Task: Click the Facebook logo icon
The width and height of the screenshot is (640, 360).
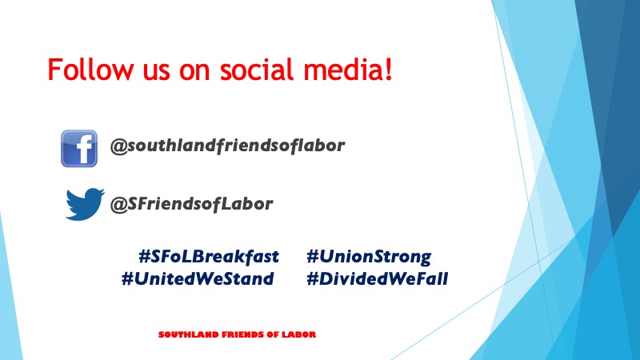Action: click(79, 149)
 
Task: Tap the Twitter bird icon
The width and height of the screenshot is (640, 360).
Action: click(85, 204)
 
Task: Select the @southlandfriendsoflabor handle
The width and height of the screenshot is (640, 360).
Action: click(228, 146)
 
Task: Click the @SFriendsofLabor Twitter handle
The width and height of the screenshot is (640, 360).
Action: click(191, 204)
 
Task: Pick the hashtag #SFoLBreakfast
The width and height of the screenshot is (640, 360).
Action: click(209, 257)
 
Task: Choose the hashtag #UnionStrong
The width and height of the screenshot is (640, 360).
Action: click(369, 257)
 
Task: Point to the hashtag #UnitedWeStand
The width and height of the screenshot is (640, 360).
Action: click(198, 278)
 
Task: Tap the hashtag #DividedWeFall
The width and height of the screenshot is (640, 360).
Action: click(377, 278)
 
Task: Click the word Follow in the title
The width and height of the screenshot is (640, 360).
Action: click(90, 69)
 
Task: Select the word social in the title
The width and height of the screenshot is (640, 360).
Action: click(258, 69)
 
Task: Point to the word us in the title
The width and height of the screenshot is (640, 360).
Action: click(156, 72)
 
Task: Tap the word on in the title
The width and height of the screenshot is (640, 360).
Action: click(194, 72)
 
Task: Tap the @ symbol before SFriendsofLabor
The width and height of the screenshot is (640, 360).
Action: click(118, 205)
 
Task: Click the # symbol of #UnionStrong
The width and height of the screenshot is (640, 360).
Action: click(312, 257)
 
